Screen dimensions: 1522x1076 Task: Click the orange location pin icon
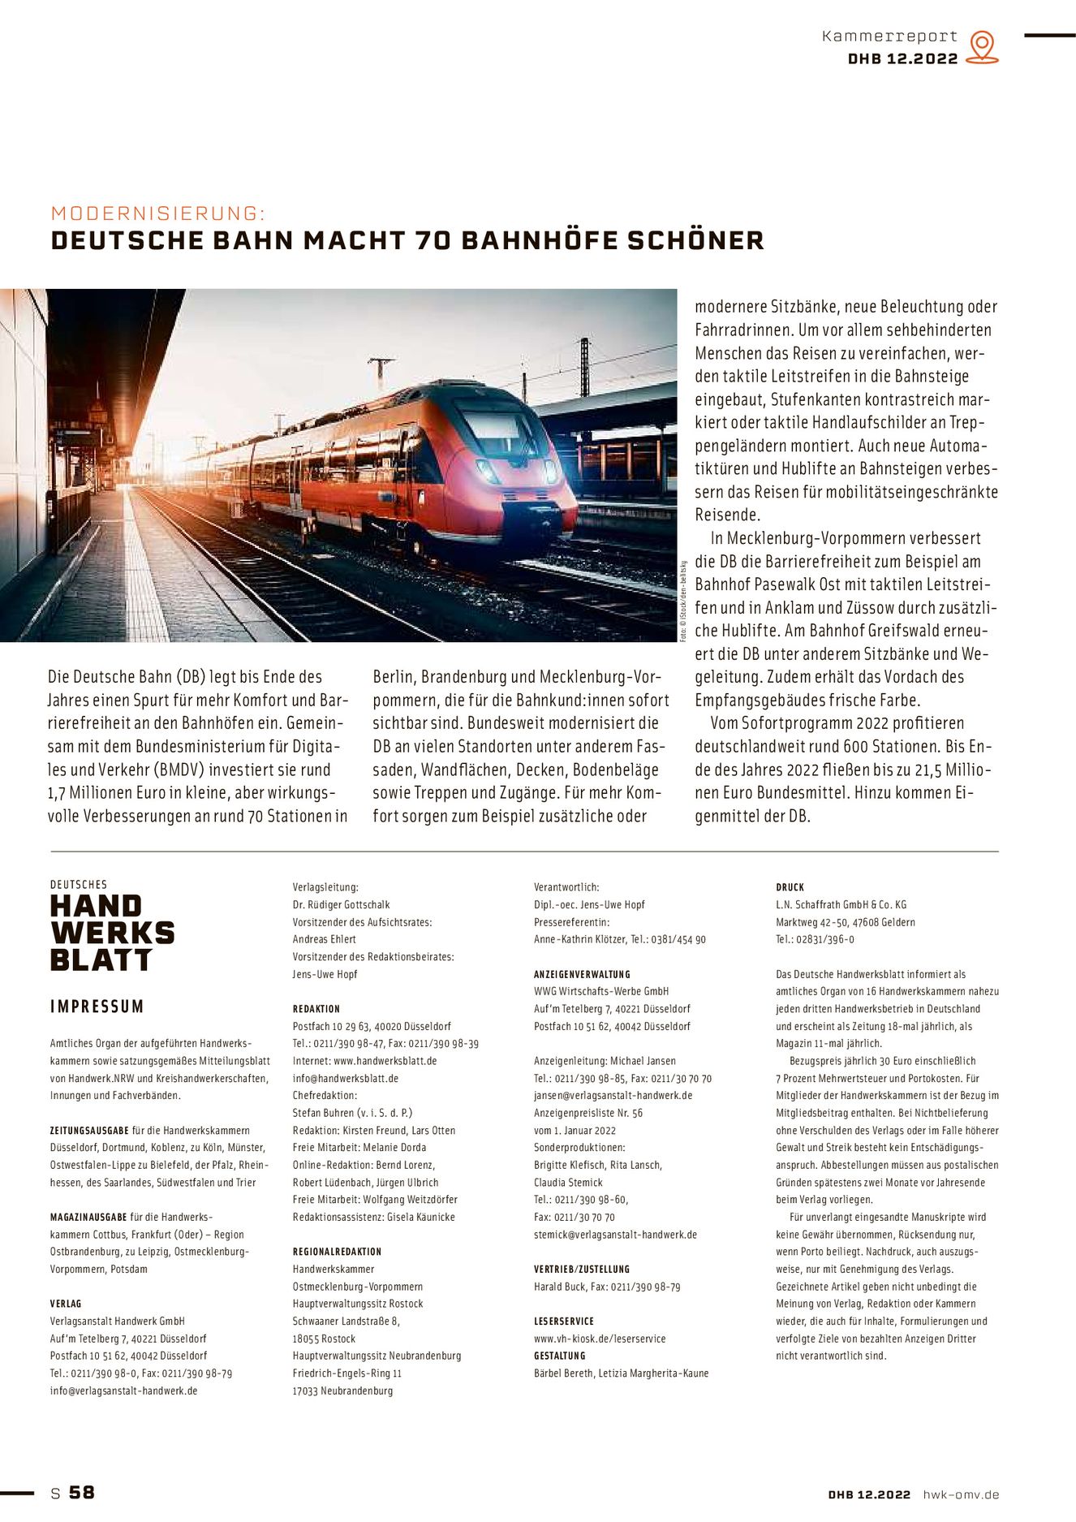point(982,46)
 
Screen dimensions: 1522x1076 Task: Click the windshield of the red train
point(493,425)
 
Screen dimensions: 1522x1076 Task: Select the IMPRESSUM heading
point(97,1007)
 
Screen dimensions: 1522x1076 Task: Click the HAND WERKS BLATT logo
point(112,933)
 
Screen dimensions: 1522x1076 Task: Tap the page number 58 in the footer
point(82,1492)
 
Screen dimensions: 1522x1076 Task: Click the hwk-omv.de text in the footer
point(961,1494)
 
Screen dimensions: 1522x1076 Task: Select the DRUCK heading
point(790,887)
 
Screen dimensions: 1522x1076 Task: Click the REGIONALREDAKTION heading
point(337,1252)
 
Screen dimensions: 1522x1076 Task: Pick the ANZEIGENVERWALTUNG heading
point(582,974)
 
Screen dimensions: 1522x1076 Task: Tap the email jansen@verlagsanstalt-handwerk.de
point(613,1095)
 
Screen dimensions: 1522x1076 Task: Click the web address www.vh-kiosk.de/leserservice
point(600,1339)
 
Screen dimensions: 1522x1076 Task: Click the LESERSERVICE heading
point(564,1322)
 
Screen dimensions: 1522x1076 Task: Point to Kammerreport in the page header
point(889,37)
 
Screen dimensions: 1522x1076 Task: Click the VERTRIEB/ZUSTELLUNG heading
point(582,1269)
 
